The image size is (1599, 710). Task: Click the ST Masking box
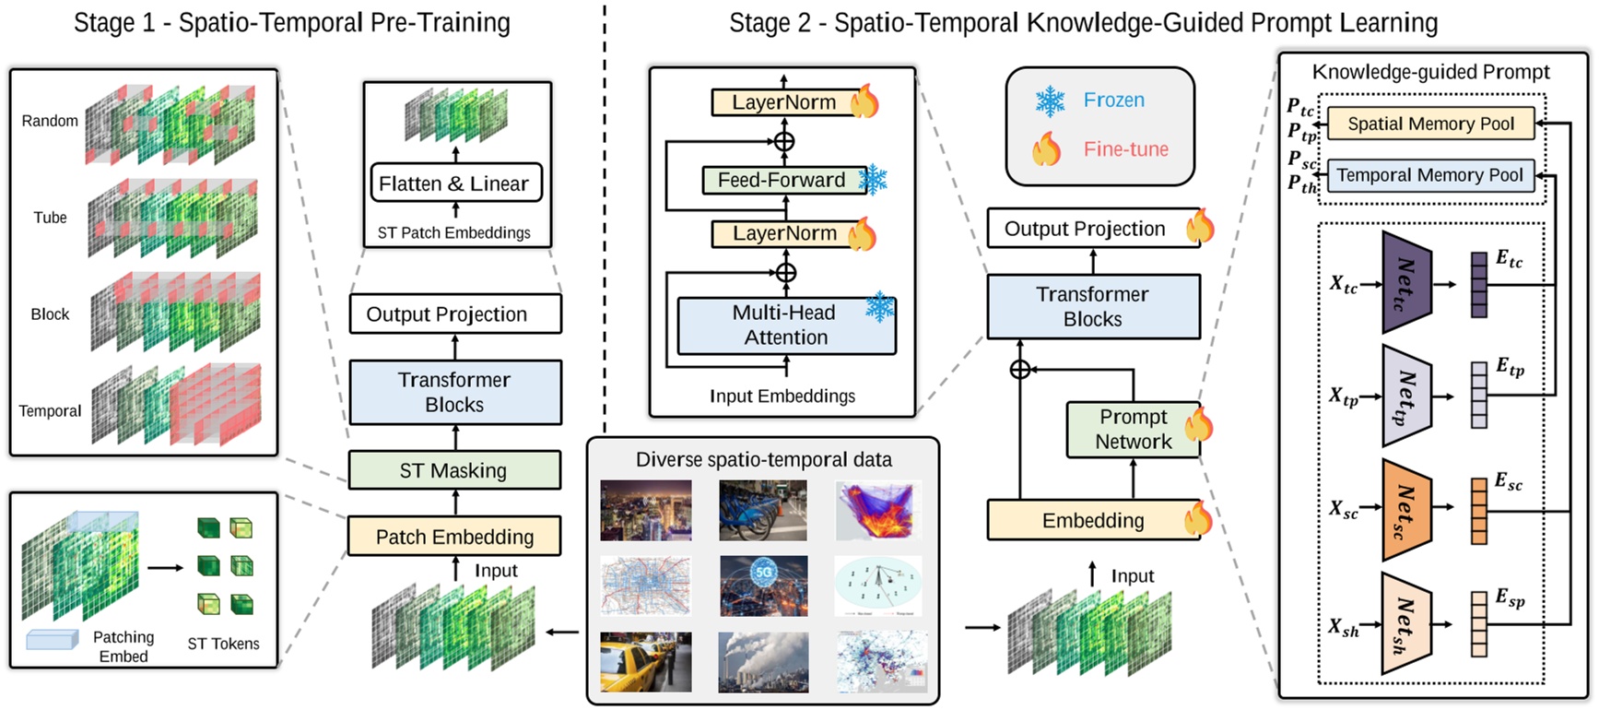454,470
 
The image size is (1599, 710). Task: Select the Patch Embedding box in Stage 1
454,537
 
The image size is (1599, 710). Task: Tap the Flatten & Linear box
454,183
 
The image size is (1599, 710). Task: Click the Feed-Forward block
781,180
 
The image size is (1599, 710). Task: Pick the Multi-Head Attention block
785,325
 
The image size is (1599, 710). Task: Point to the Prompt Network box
1133,430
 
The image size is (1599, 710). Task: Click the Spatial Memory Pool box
1430,124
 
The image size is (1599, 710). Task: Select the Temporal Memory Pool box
1429,175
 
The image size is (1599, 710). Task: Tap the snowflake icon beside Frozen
1050,101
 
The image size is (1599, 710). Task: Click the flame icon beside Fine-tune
1046,148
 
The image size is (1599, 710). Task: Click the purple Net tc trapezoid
1406,283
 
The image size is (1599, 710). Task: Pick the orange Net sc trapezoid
1406,510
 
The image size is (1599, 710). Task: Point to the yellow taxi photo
645,662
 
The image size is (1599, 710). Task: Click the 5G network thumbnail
764,586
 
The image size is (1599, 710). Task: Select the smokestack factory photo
764,662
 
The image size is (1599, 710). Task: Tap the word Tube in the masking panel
51,218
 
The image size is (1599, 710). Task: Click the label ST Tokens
223,644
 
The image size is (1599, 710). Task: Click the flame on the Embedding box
1198,518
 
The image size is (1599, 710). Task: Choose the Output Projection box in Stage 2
1086,229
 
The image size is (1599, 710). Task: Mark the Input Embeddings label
782,396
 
